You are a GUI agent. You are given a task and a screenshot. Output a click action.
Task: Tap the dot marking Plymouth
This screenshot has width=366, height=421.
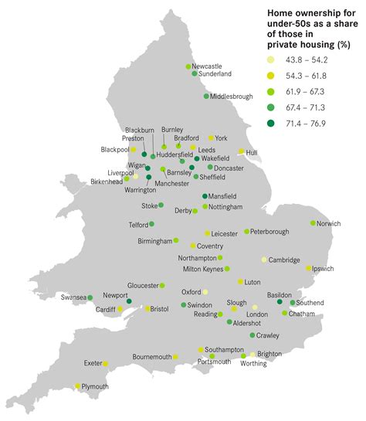pos(78,386)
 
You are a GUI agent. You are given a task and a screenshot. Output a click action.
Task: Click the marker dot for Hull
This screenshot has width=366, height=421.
pos(241,151)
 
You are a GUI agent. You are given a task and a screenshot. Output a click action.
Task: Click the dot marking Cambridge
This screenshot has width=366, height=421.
pos(263,260)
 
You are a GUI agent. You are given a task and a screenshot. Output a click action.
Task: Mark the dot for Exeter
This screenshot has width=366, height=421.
pos(106,363)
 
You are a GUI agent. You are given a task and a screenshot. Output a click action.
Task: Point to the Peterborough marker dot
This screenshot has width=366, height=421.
pos(247,231)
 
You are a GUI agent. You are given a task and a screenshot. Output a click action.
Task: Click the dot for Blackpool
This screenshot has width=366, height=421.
pos(133,149)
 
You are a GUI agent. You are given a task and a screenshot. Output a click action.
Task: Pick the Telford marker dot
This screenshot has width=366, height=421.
pos(151,224)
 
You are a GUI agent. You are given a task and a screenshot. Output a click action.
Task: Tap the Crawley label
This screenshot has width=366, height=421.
pos(268,335)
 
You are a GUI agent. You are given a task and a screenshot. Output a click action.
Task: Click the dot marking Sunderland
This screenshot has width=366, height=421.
pos(194,74)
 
